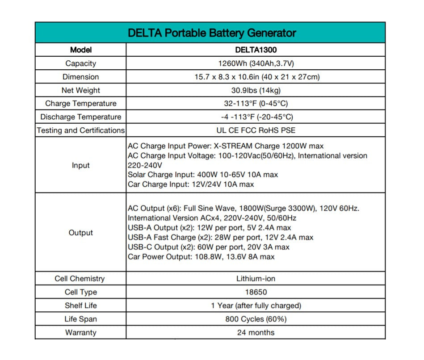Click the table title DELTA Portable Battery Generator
tap(211, 33)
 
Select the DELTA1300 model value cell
tap(256, 50)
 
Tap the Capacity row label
tap(80, 63)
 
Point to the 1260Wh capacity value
tap(256, 63)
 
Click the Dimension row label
tap(80, 77)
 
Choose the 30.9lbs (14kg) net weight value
tap(256, 90)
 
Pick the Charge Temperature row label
tap(80, 104)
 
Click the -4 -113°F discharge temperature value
tap(256, 117)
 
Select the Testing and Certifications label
tap(80, 130)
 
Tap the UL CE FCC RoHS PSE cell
tap(256, 130)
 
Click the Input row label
tap(80, 165)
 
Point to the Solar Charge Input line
tap(202, 175)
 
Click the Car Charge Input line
tap(190, 184)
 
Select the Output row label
tap(80, 233)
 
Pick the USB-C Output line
tap(208, 247)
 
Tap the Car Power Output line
tap(201, 257)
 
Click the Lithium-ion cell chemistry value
tap(256, 279)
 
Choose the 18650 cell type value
tap(256, 292)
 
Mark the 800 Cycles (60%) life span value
tap(256, 319)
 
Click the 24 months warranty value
tap(256, 332)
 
